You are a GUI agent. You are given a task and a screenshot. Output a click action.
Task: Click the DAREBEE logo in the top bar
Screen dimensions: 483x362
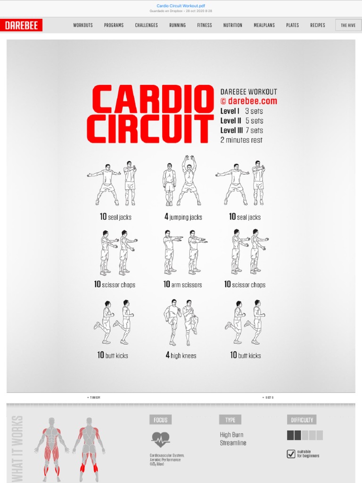21,25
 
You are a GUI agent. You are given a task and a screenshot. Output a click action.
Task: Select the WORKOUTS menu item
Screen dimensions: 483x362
83,25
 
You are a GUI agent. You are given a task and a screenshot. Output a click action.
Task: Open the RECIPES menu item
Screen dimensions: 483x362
317,25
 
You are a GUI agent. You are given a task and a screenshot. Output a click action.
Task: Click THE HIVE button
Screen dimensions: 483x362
348,25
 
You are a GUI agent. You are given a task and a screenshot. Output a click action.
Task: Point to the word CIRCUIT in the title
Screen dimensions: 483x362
150,129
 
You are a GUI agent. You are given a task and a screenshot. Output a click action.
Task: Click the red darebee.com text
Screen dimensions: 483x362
248,101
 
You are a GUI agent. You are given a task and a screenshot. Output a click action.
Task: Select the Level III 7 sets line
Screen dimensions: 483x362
241,131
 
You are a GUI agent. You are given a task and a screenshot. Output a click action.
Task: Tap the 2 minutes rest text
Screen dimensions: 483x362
241,140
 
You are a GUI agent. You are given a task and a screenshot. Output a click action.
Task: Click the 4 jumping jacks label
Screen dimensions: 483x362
183,217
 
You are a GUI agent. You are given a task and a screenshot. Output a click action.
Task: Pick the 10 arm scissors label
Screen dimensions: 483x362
182,285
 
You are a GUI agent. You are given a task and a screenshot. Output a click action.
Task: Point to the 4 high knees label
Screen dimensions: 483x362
181,356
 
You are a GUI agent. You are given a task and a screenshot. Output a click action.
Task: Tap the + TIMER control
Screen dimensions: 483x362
93,398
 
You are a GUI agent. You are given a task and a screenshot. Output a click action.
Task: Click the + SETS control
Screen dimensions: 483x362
268,398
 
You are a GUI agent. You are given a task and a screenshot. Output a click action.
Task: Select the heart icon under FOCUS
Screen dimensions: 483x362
160,440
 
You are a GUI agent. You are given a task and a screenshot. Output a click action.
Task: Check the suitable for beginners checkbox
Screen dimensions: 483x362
291,454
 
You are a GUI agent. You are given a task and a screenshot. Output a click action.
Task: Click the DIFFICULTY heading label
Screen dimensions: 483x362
302,420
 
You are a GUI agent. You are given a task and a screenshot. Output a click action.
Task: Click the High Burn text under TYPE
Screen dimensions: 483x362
231,435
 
